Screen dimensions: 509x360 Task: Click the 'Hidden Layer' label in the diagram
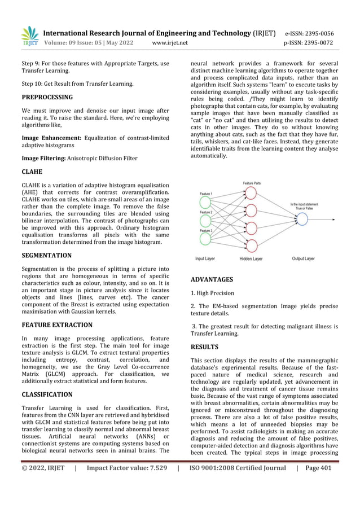click(251, 259)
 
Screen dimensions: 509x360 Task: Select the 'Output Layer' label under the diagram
click(307, 259)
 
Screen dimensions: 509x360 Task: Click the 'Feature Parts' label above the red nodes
click(252, 183)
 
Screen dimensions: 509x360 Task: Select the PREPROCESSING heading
click(47, 97)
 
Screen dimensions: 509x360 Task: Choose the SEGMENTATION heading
click(46, 255)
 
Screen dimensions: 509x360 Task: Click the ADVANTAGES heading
click(212, 279)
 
